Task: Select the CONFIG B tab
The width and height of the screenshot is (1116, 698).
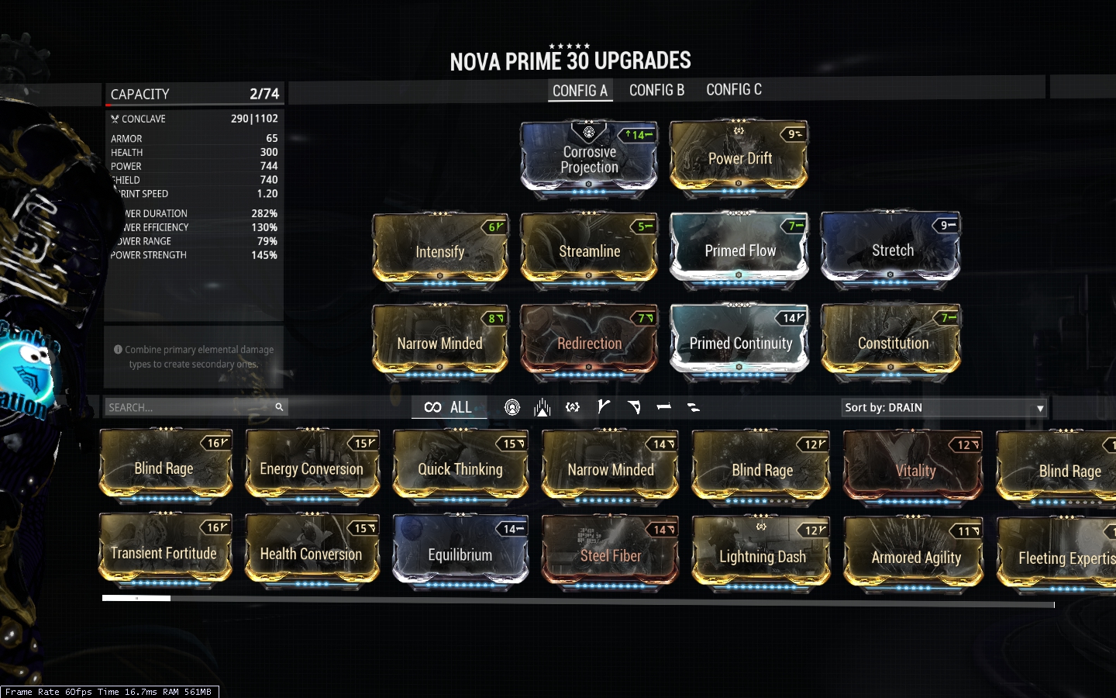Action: (x=656, y=90)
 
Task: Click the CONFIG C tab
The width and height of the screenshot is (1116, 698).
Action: (x=733, y=90)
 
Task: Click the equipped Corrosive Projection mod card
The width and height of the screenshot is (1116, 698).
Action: (x=589, y=158)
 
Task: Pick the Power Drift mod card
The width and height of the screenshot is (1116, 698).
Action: (x=739, y=158)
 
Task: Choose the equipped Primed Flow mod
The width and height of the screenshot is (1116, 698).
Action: (x=739, y=250)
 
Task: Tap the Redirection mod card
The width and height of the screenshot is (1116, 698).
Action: (x=589, y=342)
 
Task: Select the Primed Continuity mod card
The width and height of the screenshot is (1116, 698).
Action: (x=739, y=342)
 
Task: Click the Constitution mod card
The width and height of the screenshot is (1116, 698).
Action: (x=892, y=342)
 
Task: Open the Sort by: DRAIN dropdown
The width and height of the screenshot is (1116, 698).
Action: (x=944, y=407)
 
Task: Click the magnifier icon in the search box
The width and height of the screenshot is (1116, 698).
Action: (x=279, y=406)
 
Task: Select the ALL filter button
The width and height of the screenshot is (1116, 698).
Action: (x=449, y=407)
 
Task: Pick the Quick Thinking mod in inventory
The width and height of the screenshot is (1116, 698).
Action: (x=460, y=468)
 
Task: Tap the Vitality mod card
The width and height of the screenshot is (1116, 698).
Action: (x=914, y=469)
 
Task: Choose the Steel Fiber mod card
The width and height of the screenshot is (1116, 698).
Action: (x=611, y=555)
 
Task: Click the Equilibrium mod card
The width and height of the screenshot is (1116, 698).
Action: (x=460, y=554)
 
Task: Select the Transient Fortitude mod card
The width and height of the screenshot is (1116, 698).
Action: (x=164, y=551)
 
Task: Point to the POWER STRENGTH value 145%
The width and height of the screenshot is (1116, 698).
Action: (x=263, y=255)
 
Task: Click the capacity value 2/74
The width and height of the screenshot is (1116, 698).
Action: (x=263, y=94)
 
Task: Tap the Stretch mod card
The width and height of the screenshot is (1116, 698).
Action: (x=892, y=250)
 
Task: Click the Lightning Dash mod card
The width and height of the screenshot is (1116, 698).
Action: (x=762, y=555)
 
